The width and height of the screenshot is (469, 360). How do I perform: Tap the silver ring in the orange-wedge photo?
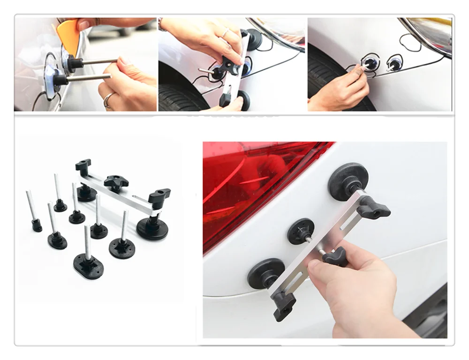click(108, 99)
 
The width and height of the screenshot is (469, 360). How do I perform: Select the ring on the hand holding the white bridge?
click(225, 32)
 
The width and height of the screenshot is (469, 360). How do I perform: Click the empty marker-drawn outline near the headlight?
click(409, 42)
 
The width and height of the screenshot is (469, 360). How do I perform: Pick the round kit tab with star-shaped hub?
click(121, 246)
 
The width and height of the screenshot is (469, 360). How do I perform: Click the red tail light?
click(253, 183)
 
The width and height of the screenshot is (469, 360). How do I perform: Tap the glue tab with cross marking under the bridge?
click(301, 231)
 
